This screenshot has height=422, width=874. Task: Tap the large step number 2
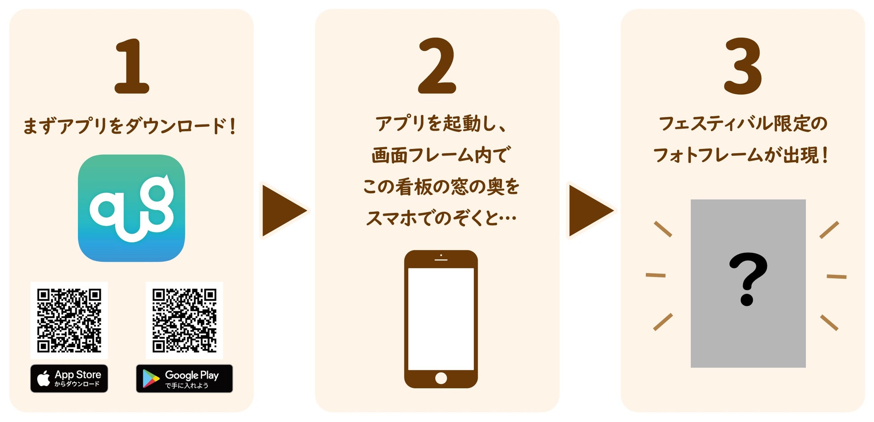click(x=437, y=66)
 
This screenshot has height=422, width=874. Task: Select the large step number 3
click(x=743, y=66)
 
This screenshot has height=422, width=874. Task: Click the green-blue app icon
click(x=131, y=208)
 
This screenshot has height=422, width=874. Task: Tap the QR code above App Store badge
click(x=69, y=320)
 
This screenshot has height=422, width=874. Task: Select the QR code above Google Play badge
click(x=184, y=320)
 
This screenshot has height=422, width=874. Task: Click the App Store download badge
click(x=69, y=378)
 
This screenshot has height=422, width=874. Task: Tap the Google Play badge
click(x=184, y=378)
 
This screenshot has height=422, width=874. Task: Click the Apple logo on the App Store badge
click(x=43, y=378)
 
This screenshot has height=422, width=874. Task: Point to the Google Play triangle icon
click(x=151, y=379)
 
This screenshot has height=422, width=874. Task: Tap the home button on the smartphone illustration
click(x=441, y=378)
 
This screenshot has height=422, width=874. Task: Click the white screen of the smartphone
click(x=441, y=318)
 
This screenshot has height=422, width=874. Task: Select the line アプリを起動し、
click(x=441, y=124)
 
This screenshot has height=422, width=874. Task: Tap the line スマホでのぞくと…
click(x=441, y=218)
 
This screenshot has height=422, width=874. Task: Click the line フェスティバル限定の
click(x=743, y=124)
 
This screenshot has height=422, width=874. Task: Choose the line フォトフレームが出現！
click(x=742, y=155)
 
